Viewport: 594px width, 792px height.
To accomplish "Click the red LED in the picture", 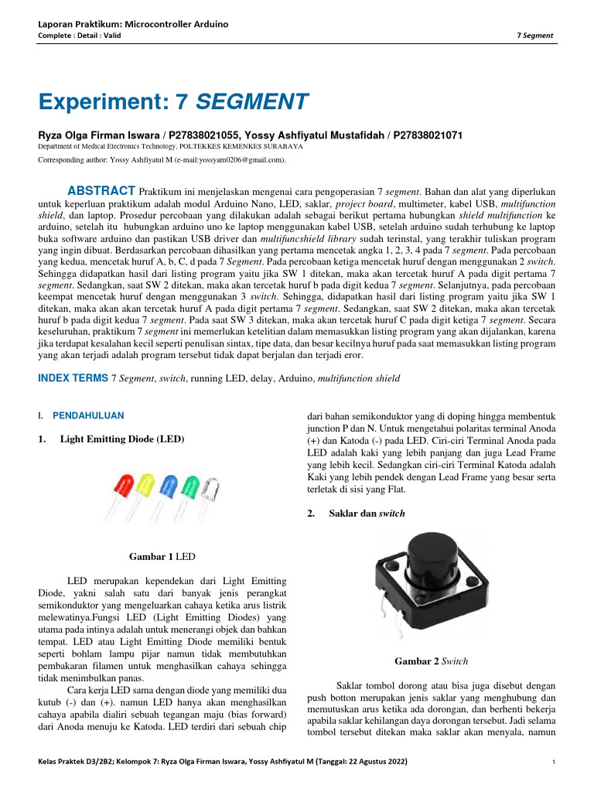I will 123,486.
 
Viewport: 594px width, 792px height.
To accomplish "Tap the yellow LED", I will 145,486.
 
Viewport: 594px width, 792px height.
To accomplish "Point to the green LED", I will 189,488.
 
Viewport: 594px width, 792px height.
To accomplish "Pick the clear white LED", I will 210,490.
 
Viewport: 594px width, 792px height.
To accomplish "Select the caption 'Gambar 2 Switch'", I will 431,661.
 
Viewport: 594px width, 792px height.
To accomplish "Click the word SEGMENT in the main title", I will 252,101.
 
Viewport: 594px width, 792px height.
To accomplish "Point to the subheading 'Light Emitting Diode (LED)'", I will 122,439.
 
